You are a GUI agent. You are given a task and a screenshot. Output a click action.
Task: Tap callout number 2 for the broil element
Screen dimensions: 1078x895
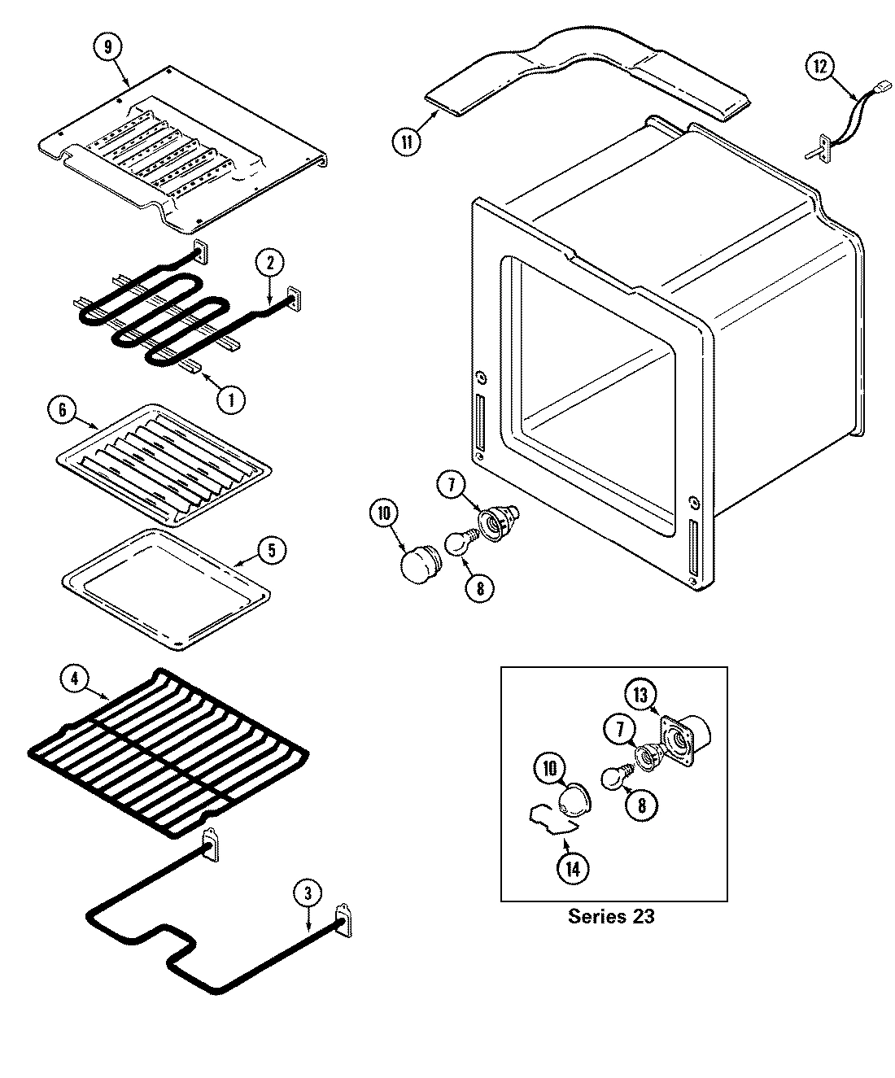coord(270,262)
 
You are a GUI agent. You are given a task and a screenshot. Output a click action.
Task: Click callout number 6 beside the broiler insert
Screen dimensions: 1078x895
coord(63,410)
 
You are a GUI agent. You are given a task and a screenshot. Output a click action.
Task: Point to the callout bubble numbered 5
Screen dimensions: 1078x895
coord(272,550)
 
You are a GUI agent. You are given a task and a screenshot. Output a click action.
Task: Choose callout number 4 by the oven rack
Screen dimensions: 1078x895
coord(74,679)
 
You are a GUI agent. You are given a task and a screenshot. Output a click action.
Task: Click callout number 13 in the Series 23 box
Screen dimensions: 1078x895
coord(640,695)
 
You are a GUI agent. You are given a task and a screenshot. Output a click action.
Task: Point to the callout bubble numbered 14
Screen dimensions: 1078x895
coord(572,868)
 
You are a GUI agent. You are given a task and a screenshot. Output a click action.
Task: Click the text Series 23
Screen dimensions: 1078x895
coord(610,917)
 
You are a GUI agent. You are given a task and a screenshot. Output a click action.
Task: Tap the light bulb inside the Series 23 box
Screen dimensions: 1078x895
coord(615,777)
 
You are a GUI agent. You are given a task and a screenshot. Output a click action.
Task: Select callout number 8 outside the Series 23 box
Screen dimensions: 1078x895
coord(480,587)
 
